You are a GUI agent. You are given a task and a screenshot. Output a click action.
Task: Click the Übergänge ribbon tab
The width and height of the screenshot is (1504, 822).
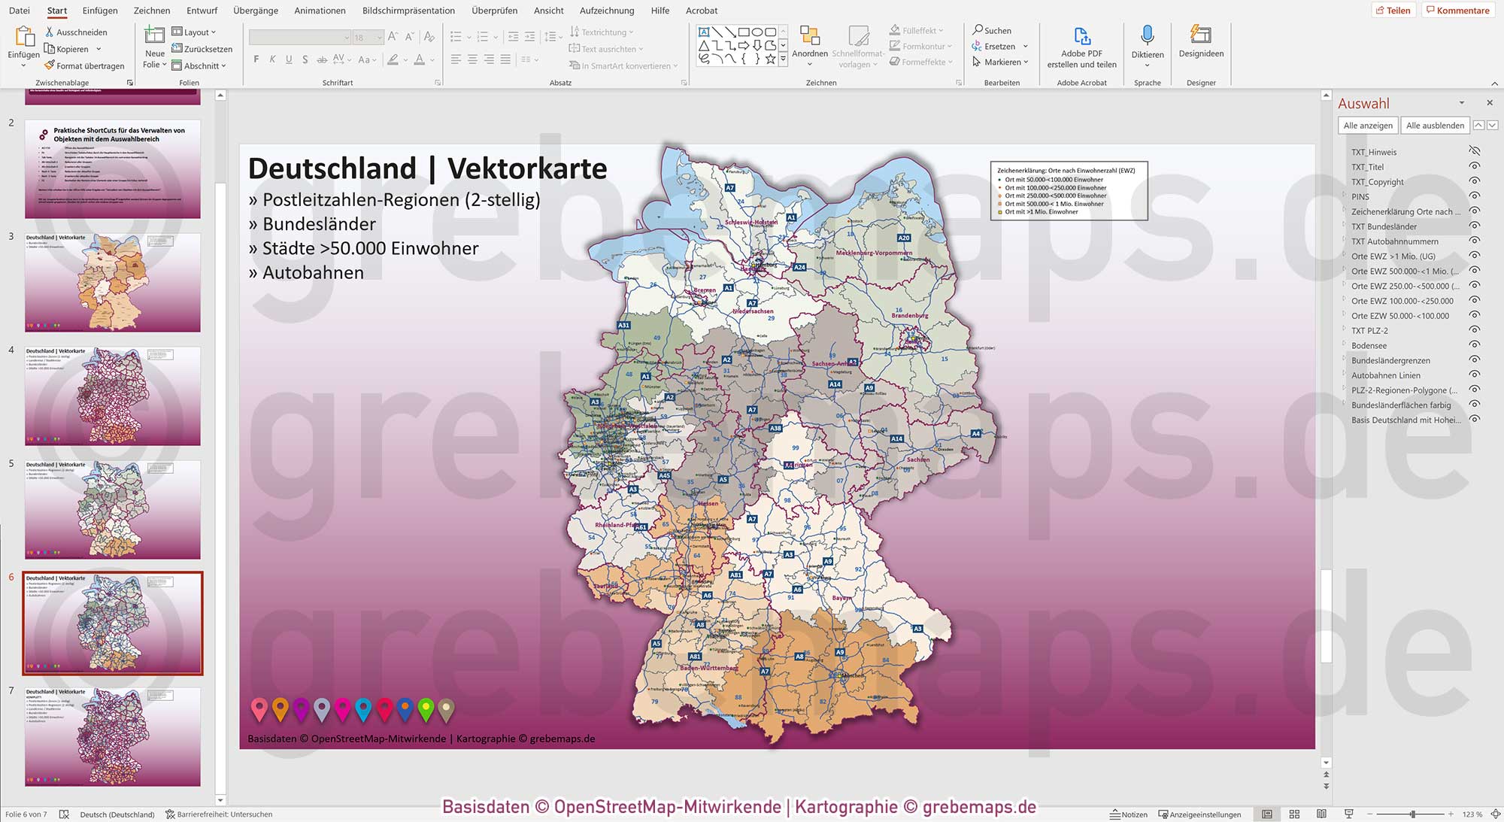tap(255, 11)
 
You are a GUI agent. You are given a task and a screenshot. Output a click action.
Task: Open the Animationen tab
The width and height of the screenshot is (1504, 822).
tap(320, 11)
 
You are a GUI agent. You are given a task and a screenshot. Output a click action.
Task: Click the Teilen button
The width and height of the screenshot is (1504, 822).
tap(1393, 11)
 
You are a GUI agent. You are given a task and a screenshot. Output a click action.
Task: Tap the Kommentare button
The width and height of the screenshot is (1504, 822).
tap(1457, 11)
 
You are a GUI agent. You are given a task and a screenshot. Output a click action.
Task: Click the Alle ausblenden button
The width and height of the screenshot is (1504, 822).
tap(1435, 126)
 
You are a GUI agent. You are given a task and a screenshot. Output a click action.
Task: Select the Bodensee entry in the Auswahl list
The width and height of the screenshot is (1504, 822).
tap(1369, 346)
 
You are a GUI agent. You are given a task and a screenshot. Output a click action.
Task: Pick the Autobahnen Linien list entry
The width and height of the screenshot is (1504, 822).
tap(1385, 375)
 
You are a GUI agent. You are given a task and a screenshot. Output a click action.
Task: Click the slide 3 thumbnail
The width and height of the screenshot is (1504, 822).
tap(113, 282)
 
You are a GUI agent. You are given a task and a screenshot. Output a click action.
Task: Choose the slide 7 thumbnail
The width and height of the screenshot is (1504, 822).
tap(113, 736)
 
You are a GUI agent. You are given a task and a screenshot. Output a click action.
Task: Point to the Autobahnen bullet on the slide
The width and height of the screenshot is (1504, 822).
tap(313, 273)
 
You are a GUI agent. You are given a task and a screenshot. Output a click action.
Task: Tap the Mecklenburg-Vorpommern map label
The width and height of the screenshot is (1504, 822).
tap(874, 253)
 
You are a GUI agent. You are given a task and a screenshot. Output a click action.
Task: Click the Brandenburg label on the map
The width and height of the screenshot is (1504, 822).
tap(910, 316)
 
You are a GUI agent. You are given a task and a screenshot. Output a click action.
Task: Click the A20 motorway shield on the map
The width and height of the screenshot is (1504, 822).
tap(904, 238)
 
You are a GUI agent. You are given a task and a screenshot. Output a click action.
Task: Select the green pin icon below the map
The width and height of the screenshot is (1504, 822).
tap(426, 708)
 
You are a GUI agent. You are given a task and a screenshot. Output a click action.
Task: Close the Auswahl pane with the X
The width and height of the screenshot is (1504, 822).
tap(1489, 103)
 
